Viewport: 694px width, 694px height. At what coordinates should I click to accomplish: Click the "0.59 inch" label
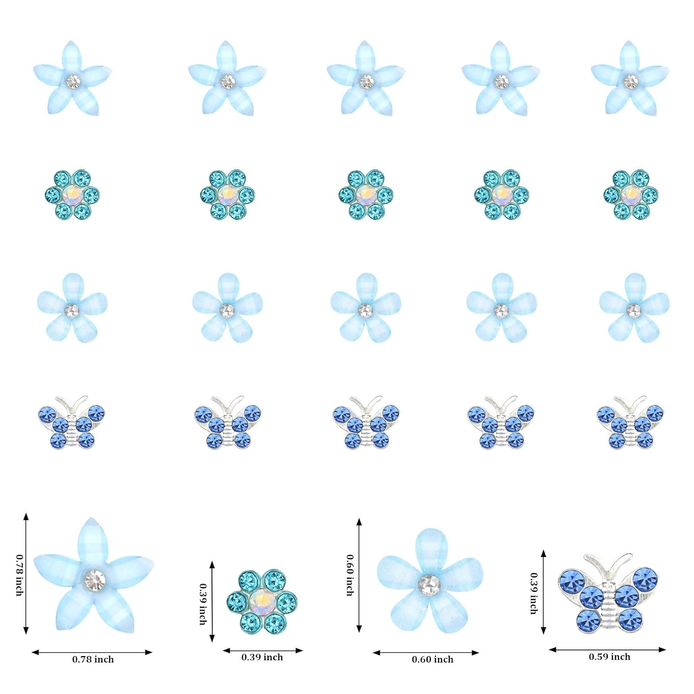pyautogui.click(x=609, y=657)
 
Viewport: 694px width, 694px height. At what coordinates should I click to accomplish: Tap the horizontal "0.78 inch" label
pyautogui.click(x=93, y=660)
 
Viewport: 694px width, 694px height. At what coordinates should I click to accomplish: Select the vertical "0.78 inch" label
pyautogui.click(x=19, y=575)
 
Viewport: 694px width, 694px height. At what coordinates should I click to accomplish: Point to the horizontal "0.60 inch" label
pyautogui.click(x=433, y=660)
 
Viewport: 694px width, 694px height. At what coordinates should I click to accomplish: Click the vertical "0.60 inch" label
pyautogui.click(x=350, y=575)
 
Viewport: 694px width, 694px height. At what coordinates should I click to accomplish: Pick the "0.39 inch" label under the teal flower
pyautogui.click(x=262, y=657)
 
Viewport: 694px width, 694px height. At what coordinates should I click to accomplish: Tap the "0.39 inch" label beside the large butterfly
pyautogui.click(x=534, y=593)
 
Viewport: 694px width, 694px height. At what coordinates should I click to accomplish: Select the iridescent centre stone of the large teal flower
pyautogui.click(x=261, y=601)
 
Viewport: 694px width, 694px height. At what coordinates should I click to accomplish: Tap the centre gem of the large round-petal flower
pyautogui.click(x=429, y=584)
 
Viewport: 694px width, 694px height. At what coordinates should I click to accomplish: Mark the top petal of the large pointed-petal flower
pyautogui.click(x=88, y=539)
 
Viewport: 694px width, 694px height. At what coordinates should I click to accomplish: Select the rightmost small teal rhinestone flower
pyautogui.click(x=631, y=194)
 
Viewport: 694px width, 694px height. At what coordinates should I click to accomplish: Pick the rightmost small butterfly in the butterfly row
pyautogui.click(x=630, y=422)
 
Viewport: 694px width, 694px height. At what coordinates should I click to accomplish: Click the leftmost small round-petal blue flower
pyautogui.click(x=72, y=308)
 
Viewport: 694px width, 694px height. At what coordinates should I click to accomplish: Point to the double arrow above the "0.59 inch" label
pyautogui.click(x=607, y=650)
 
